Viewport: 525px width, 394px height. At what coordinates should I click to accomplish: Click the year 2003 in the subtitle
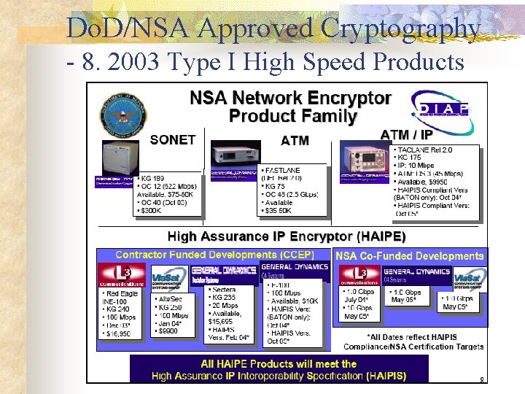pyautogui.click(x=133, y=63)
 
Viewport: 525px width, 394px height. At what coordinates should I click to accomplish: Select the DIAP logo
pyautogui.click(x=439, y=107)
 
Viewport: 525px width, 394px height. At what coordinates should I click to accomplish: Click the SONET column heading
pyautogui.click(x=173, y=139)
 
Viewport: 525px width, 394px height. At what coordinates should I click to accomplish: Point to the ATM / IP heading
pyautogui.click(x=407, y=134)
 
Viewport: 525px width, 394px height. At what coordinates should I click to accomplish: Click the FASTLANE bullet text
pyautogui.click(x=282, y=170)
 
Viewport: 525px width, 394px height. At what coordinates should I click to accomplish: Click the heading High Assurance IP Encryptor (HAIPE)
pyautogui.click(x=287, y=236)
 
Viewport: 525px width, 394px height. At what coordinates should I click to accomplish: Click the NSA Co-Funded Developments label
pyautogui.click(x=409, y=256)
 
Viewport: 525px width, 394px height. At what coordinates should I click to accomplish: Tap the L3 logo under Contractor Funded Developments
pyautogui.click(x=122, y=277)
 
